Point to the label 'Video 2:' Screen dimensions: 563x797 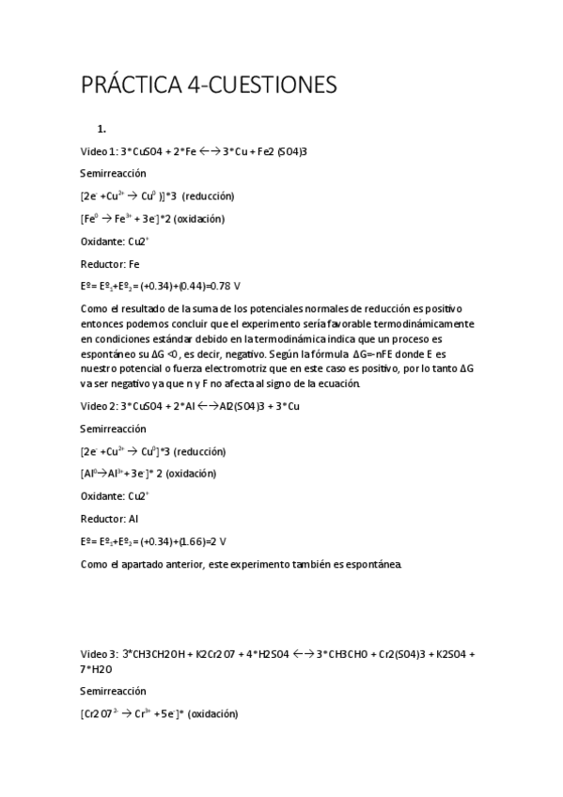tap(99, 405)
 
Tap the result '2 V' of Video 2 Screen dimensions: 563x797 tap(218, 540)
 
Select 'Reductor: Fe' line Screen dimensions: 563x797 tap(110, 263)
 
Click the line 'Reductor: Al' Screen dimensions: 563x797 tap(109, 518)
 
